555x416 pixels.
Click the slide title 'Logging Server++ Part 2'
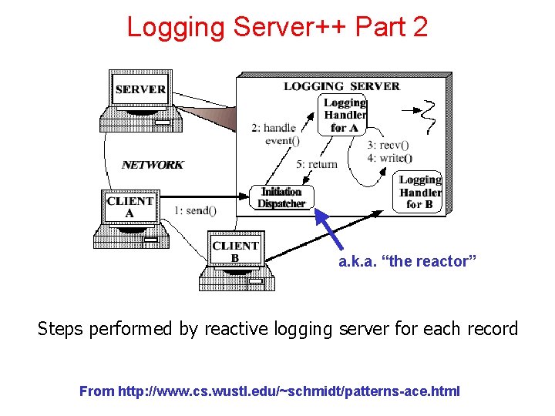pos(277,27)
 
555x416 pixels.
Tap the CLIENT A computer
pos(132,216)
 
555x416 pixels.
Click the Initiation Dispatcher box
pos(281,198)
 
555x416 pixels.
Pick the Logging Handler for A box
pos(344,115)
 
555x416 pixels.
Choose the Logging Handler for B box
pos(420,192)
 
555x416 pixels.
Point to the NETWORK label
pos(153,164)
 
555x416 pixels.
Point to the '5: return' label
pos(317,164)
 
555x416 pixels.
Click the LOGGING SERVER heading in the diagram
pos(341,86)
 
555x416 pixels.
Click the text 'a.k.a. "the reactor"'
pos(408,262)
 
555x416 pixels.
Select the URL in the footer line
pos(289,391)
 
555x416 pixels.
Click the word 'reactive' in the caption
pos(231,329)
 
